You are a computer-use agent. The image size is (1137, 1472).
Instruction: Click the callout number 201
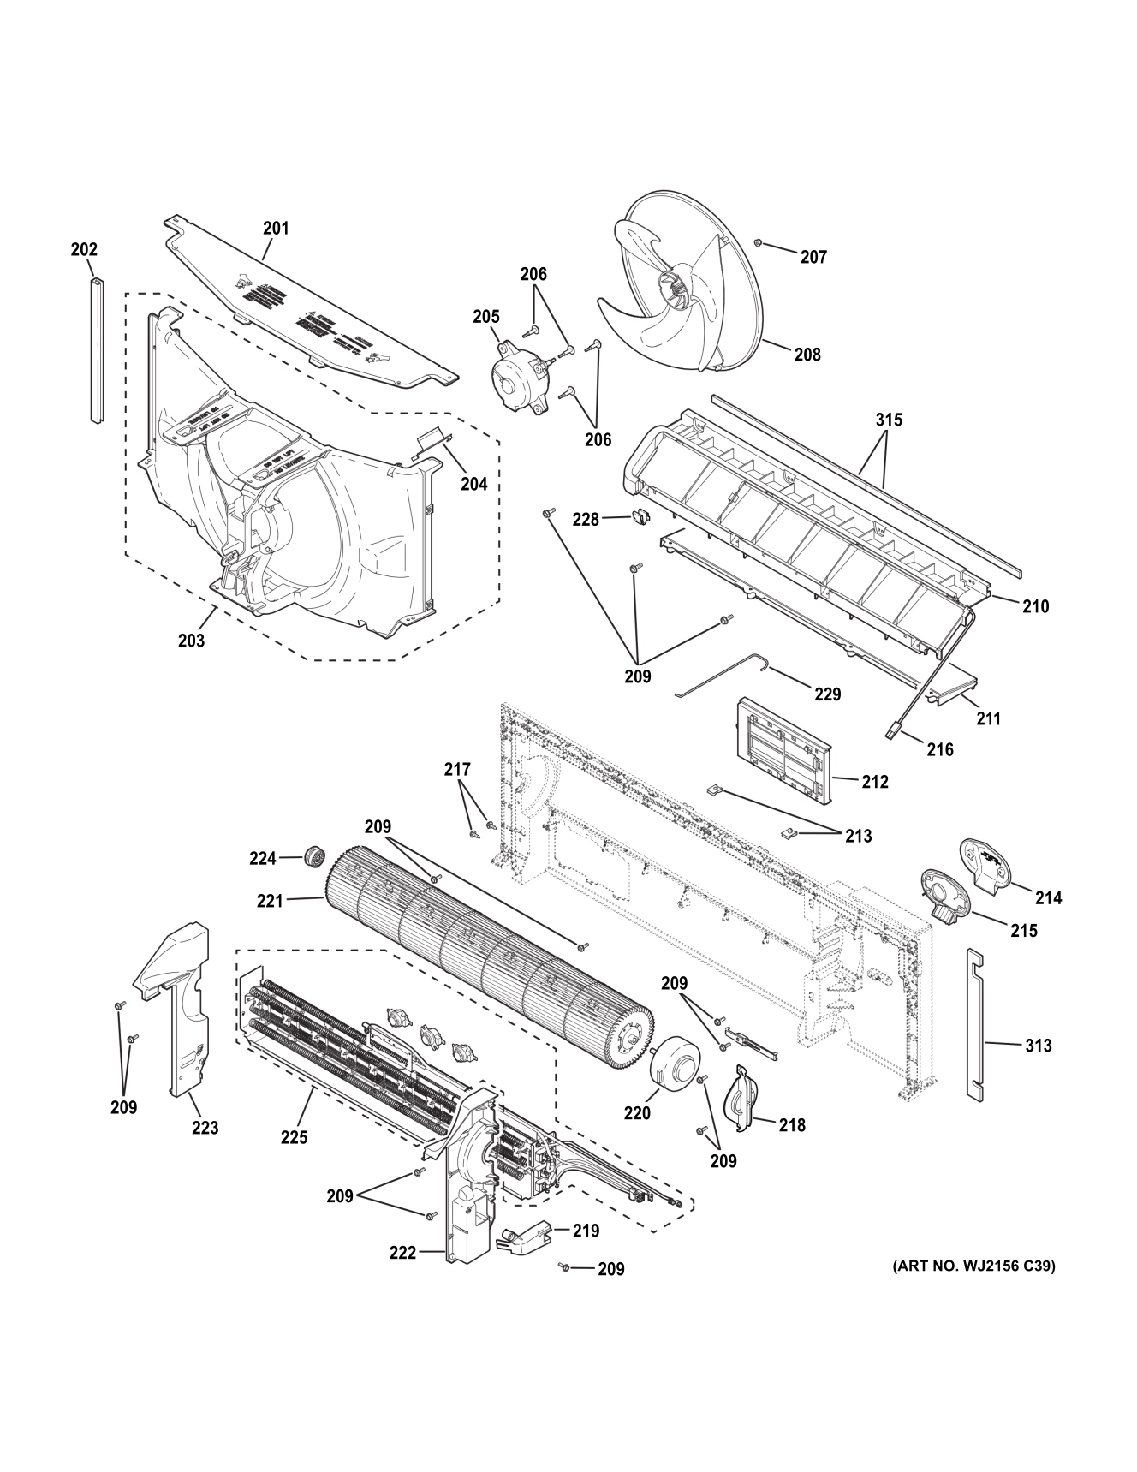(x=276, y=229)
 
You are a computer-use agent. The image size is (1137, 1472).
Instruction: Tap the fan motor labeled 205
(x=518, y=380)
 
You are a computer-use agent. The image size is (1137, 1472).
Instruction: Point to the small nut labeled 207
(x=759, y=243)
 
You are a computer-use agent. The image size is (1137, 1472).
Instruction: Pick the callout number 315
(x=889, y=420)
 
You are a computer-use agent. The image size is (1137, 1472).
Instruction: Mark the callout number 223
(x=205, y=1128)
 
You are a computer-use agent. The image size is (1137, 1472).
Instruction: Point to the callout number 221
(x=270, y=900)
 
